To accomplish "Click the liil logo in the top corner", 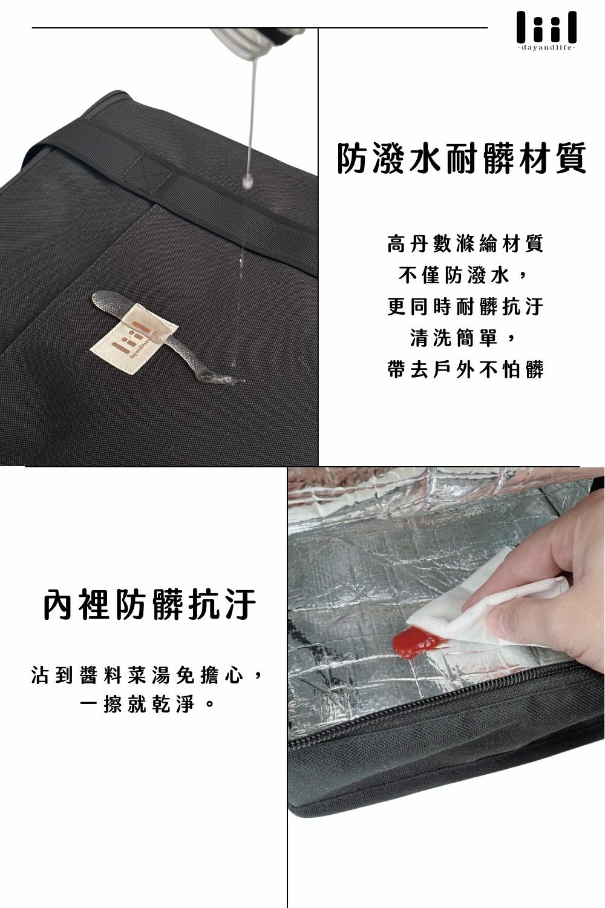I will (546, 27).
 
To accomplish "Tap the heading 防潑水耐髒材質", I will (462, 159).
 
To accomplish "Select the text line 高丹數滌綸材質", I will (465, 244).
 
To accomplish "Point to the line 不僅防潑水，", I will (465, 275).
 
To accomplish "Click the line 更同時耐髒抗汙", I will (465, 307).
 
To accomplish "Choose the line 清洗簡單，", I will (465, 338).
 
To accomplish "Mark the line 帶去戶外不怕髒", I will (465, 369).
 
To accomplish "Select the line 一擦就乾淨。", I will (149, 705).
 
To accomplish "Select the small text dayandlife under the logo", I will (546, 47).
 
